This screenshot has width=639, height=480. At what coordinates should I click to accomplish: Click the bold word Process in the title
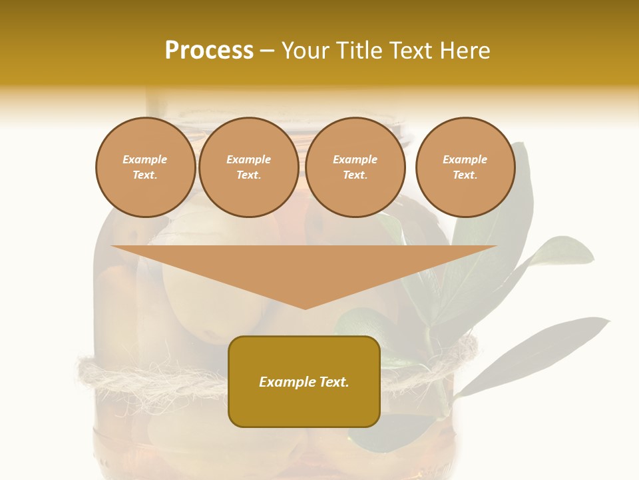(209, 50)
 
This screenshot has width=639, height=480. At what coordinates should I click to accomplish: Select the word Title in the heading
(359, 50)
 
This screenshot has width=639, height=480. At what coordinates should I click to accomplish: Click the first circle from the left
(145, 193)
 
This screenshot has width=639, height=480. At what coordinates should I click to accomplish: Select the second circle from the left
(248, 197)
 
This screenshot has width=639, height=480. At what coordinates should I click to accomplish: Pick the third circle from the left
(355, 197)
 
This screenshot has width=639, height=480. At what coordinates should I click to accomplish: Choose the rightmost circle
(465, 197)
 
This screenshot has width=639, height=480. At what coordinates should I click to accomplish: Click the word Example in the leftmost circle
(145, 159)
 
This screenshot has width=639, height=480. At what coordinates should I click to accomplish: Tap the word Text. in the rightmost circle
(465, 175)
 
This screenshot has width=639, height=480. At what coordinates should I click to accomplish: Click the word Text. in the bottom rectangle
(333, 382)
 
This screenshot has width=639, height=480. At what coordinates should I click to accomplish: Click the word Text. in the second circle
(248, 175)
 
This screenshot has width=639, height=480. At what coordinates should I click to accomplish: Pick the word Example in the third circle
(355, 159)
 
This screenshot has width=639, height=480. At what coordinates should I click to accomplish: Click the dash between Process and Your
(267, 51)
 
